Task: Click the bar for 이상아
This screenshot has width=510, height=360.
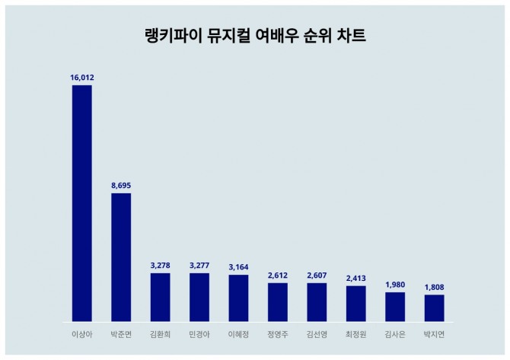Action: (81, 202)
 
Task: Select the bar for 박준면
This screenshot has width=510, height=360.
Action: (121, 256)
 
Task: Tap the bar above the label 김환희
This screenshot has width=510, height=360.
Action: (160, 297)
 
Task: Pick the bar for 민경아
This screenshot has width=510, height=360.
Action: (199, 297)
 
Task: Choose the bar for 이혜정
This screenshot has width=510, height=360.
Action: (238, 298)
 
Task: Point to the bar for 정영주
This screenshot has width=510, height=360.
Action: (278, 301)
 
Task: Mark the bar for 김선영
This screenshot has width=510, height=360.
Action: (317, 301)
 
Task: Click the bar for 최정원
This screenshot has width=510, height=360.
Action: (356, 303)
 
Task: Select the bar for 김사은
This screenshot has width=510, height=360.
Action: (395, 306)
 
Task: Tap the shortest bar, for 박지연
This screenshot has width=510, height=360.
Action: (434, 307)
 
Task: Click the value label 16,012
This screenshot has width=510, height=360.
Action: (81, 77)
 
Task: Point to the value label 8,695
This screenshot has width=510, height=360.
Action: (121, 185)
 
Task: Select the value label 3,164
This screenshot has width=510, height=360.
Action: (238, 266)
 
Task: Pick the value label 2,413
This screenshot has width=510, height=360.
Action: (356, 278)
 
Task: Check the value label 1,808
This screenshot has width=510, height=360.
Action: (434, 287)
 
